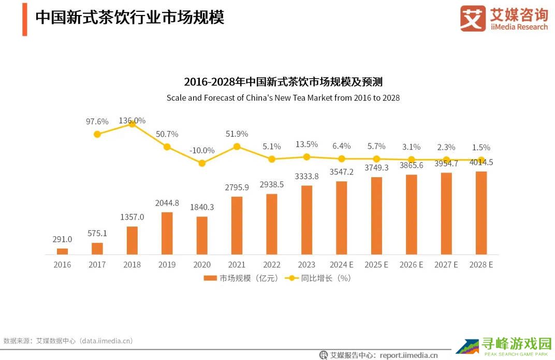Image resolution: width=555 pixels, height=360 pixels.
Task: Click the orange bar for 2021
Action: click(237, 225)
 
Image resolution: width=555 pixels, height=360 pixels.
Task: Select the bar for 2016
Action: click(62, 251)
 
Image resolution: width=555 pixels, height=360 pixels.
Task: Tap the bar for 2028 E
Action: click(481, 213)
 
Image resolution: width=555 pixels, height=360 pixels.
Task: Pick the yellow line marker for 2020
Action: click(202, 163)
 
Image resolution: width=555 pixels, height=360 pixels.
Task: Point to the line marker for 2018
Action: click(132, 124)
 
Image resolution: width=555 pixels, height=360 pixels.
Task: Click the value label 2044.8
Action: click(167, 203)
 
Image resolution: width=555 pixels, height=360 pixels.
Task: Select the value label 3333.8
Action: click(306, 176)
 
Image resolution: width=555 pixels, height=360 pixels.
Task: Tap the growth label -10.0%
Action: click(202, 150)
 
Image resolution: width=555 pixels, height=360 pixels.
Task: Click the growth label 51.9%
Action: click(237, 134)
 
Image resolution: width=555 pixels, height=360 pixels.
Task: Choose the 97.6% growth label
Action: click(97, 121)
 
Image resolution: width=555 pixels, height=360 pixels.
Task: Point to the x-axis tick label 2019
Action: click(167, 265)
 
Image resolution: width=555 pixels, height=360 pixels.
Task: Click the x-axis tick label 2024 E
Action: click(341, 265)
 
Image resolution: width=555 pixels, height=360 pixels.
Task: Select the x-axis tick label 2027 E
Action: click(446, 265)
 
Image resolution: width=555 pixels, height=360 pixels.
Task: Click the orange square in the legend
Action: click(210, 278)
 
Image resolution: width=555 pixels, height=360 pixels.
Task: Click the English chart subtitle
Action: click(283, 97)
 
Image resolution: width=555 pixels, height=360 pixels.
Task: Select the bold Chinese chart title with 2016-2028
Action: click(283, 82)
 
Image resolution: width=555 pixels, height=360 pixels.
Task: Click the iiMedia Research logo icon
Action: click(473, 19)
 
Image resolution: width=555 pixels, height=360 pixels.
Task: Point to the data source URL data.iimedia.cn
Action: click(106, 341)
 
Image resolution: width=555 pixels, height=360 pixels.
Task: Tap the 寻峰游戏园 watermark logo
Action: click(504, 346)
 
